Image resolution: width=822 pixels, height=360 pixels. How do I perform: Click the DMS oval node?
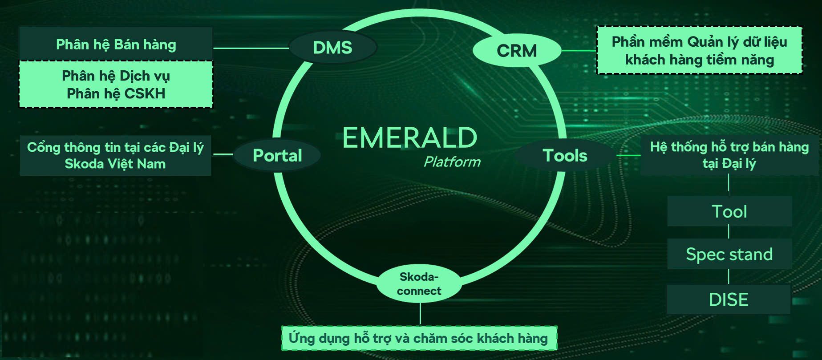pos(333,47)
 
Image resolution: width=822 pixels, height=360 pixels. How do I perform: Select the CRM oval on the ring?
pos(517,51)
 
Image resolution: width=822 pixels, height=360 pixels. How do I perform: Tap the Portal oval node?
pos(277,155)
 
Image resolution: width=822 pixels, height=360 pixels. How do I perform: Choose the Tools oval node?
pos(565,155)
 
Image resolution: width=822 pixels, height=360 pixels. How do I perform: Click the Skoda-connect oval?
pos(419,284)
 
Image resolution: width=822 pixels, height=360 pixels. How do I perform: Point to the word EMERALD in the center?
pos(410,138)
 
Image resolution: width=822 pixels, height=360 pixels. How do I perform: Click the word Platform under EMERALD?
pos(452,162)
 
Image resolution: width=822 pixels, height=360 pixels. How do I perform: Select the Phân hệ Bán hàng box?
pos(116,44)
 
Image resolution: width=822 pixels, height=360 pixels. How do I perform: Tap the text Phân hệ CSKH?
pos(116,94)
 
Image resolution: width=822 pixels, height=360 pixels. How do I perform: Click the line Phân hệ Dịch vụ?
pos(116,76)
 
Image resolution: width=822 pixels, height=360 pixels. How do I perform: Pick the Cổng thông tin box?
pos(115,156)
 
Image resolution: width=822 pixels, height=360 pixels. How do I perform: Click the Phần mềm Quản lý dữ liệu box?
pos(699,50)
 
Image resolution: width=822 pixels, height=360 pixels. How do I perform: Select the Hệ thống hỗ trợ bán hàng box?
pos(729,155)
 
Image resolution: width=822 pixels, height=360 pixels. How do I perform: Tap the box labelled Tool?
pos(729,211)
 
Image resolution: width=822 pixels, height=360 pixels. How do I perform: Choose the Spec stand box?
pos(729,254)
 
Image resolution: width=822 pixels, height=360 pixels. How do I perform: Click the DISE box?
pos(729,299)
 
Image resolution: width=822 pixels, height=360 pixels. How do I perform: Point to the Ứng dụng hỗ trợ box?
pos(418,338)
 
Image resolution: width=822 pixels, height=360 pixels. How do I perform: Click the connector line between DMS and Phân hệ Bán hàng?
pos(251,48)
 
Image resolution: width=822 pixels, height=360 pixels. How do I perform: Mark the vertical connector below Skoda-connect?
pos(420,314)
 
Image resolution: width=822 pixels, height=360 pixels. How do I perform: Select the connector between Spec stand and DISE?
pos(729,277)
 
